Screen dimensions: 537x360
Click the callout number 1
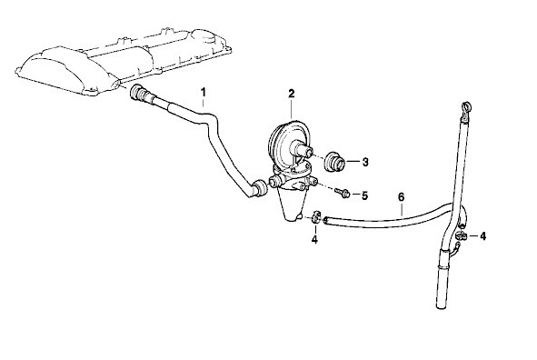(x=204, y=93)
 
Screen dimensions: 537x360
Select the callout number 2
(x=292, y=93)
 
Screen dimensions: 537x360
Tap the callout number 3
(x=365, y=162)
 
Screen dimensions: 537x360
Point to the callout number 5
(x=364, y=195)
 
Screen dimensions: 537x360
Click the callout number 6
(x=402, y=197)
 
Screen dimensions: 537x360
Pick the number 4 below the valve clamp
(x=314, y=239)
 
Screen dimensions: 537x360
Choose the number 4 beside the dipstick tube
(x=482, y=236)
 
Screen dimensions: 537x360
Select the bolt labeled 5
(x=343, y=193)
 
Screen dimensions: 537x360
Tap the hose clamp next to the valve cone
(x=316, y=217)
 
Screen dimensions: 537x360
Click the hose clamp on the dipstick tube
(x=462, y=235)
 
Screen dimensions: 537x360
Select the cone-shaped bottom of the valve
(x=291, y=205)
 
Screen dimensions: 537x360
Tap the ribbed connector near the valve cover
(x=140, y=93)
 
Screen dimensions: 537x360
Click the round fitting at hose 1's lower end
(x=258, y=187)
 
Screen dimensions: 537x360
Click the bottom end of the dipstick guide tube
(x=442, y=307)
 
